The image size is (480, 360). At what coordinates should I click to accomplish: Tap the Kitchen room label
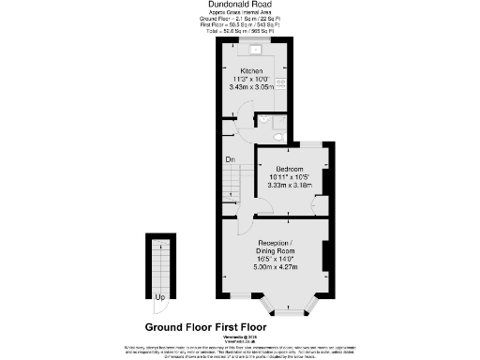(x=252, y=71)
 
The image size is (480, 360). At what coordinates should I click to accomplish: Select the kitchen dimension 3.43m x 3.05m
(x=252, y=87)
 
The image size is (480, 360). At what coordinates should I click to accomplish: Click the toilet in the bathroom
(x=265, y=121)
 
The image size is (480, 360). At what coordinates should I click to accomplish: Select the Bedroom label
(x=289, y=168)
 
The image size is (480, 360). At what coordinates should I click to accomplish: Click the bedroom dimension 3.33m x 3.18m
(x=289, y=185)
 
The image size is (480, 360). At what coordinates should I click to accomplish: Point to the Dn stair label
(x=229, y=160)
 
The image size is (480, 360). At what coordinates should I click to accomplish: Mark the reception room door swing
(x=246, y=225)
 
